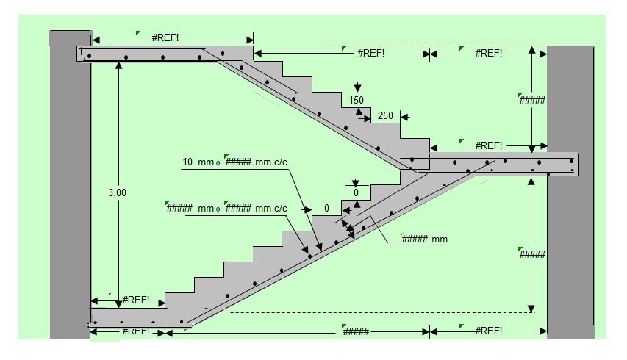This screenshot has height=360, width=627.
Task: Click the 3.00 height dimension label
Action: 117,192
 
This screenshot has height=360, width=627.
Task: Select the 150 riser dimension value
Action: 357,100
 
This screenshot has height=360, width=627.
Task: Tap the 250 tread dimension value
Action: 385,115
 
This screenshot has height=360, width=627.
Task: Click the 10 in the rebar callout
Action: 187,162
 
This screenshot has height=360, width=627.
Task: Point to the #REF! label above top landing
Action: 165,37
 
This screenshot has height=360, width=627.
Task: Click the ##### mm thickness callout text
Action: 425,239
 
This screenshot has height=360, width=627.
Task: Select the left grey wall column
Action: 71,184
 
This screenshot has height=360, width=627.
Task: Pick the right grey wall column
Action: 570,192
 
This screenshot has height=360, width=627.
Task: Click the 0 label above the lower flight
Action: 356,192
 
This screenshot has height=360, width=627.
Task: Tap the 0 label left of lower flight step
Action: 326,208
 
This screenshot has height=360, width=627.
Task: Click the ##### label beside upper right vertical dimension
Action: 532,100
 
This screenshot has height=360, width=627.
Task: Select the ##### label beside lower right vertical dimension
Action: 532,254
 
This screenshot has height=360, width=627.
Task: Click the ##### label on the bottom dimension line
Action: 356,331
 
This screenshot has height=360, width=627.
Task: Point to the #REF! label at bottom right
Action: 489,331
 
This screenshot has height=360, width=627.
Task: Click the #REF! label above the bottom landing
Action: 135,300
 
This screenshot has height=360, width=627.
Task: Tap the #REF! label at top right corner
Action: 489,53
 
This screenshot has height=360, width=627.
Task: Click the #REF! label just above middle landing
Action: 489,145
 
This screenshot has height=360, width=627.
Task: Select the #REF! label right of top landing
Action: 371,53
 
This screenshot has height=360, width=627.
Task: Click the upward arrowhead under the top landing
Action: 118,65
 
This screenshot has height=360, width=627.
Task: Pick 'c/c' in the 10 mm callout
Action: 281,162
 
